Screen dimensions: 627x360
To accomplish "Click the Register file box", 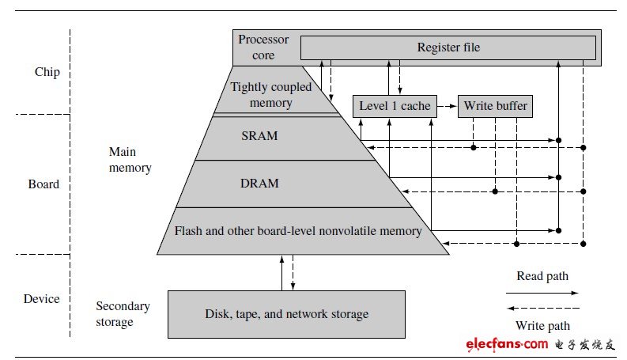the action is point(448,47).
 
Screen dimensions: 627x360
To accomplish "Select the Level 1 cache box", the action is point(395,106).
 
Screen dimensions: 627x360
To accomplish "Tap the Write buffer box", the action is point(495,106).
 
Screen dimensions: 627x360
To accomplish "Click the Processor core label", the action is point(263,47).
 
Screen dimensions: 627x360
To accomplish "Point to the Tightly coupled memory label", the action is point(270,95).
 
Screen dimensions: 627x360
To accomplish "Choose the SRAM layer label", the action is point(259,136).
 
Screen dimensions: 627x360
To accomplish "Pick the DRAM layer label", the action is point(259,184).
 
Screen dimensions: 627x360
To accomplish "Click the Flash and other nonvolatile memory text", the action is point(298,231).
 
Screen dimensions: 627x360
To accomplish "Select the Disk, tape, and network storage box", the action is point(286,314).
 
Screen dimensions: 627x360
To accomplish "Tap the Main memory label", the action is point(130,160).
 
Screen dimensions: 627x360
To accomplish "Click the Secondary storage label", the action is point(123,314).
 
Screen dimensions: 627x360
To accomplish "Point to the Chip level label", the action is point(47,72).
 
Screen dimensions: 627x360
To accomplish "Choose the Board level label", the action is point(43,184).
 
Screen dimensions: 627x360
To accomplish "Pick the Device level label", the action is point(42,299).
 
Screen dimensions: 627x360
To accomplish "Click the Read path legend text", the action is point(542,276).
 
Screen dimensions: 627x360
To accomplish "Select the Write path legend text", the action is point(542,326).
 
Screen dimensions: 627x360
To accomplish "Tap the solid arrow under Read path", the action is point(542,293).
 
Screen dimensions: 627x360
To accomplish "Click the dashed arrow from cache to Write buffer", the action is point(447,106).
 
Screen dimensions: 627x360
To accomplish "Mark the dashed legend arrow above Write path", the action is point(543,308).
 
